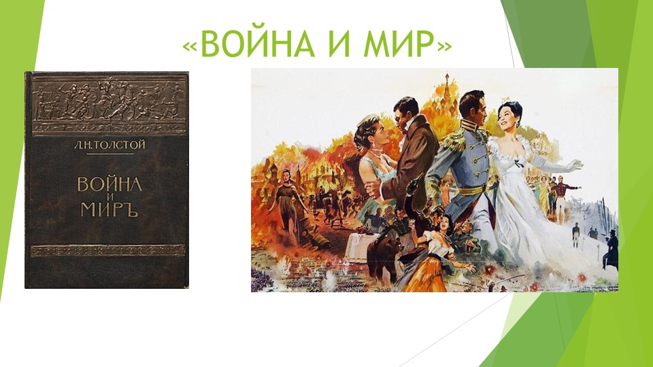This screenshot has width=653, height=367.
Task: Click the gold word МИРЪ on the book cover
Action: pos(106,209)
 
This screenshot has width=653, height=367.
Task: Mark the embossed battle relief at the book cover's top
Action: pos(107,98)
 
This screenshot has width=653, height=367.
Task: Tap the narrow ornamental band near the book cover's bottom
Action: pos(107,249)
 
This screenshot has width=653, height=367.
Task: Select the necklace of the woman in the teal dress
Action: pos(375,156)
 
